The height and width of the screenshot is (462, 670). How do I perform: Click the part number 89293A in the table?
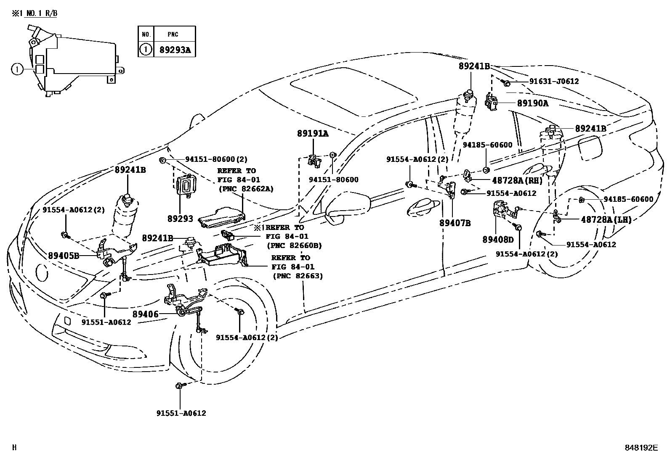[x=175, y=50]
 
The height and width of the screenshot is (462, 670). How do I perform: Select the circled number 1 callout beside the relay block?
[x=17, y=70]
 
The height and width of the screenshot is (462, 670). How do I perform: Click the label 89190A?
[x=533, y=103]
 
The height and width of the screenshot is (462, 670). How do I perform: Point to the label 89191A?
[x=313, y=134]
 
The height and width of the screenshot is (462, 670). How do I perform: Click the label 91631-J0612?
[x=554, y=81]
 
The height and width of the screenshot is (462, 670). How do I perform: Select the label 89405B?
[x=64, y=256]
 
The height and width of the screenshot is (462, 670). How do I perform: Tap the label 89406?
[x=145, y=314]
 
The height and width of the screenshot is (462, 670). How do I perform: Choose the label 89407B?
[x=455, y=223]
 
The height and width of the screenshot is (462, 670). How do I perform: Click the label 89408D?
[x=498, y=239]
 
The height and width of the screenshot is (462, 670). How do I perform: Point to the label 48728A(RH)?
[x=517, y=180]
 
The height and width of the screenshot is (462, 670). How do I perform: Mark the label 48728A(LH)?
[x=606, y=219]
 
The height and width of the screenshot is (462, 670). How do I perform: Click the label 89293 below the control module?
[x=181, y=219]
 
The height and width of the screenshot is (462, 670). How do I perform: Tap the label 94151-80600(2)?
[x=216, y=159]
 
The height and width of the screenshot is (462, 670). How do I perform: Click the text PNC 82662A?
[x=247, y=189]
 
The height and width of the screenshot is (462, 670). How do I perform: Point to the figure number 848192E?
[x=641, y=447]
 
